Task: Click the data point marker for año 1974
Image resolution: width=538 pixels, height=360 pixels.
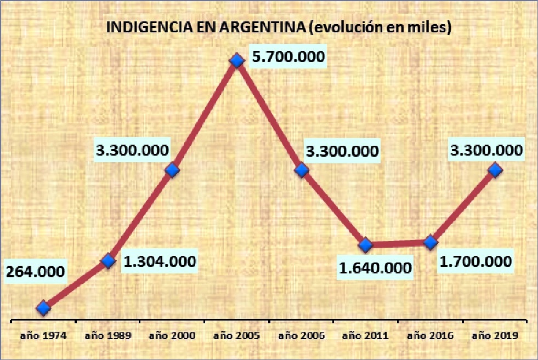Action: click(x=44, y=308)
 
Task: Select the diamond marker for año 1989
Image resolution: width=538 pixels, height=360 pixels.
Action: click(x=109, y=261)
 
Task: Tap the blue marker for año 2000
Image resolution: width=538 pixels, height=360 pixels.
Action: click(x=172, y=170)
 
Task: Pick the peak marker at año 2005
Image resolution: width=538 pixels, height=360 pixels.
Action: click(x=236, y=60)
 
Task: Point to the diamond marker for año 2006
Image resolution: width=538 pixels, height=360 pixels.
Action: click(x=301, y=170)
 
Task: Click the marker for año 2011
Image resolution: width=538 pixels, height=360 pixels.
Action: click(x=365, y=244)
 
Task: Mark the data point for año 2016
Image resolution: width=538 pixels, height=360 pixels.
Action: click(x=431, y=242)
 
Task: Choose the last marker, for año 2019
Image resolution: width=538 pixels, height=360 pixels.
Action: click(x=495, y=170)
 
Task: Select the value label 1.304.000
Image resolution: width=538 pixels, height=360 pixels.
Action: click(x=160, y=261)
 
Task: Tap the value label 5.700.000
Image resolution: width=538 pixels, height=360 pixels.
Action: click(x=287, y=57)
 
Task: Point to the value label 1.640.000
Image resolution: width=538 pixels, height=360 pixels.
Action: click(x=375, y=268)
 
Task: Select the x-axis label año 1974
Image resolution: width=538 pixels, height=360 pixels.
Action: click(x=44, y=335)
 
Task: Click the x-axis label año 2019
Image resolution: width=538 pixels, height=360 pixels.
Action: click(x=495, y=335)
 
